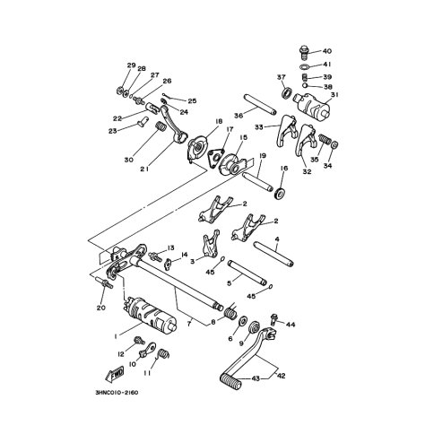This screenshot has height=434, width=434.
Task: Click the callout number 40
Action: click(x=327, y=51)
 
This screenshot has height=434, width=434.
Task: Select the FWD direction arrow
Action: click(x=115, y=374)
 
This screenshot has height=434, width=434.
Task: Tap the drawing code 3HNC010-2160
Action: click(x=117, y=393)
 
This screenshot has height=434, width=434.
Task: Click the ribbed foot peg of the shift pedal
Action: click(x=230, y=380)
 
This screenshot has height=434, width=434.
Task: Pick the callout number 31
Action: click(x=334, y=95)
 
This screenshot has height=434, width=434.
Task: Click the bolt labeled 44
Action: click(x=273, y=319)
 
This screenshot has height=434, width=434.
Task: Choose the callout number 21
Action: click(x=144, y=169)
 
